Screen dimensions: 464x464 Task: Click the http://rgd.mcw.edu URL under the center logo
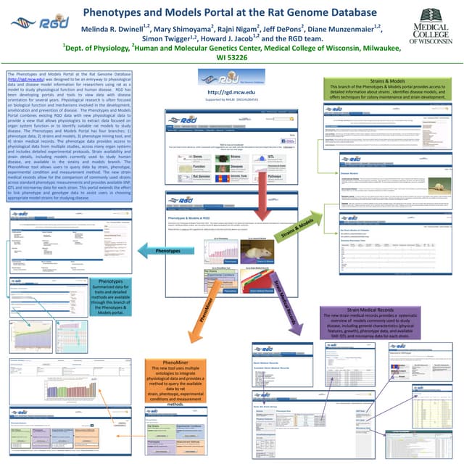pyautogui.click(x=232, y=92)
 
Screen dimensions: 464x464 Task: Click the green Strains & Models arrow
pyautogui.click(x=297, y=231)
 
